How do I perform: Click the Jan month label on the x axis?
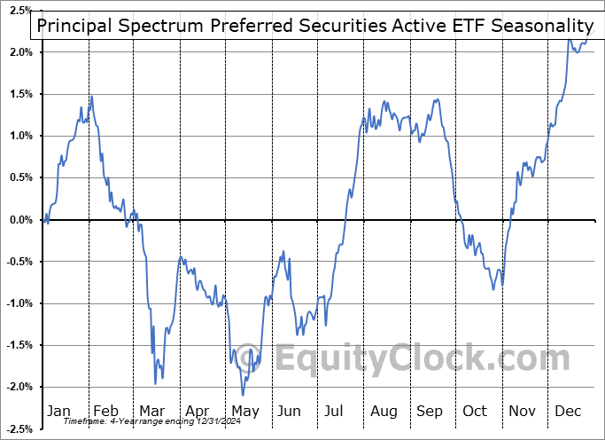58,412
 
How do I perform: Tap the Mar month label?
151,412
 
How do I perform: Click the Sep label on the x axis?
430,412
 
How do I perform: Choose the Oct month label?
476,412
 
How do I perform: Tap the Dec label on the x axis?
569,412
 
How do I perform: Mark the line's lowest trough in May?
243,395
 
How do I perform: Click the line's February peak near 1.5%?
90,96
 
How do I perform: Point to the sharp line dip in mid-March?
156,383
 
